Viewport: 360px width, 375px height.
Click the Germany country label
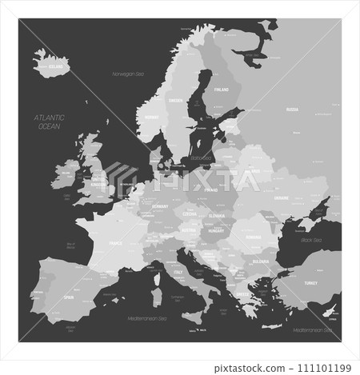158,205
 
